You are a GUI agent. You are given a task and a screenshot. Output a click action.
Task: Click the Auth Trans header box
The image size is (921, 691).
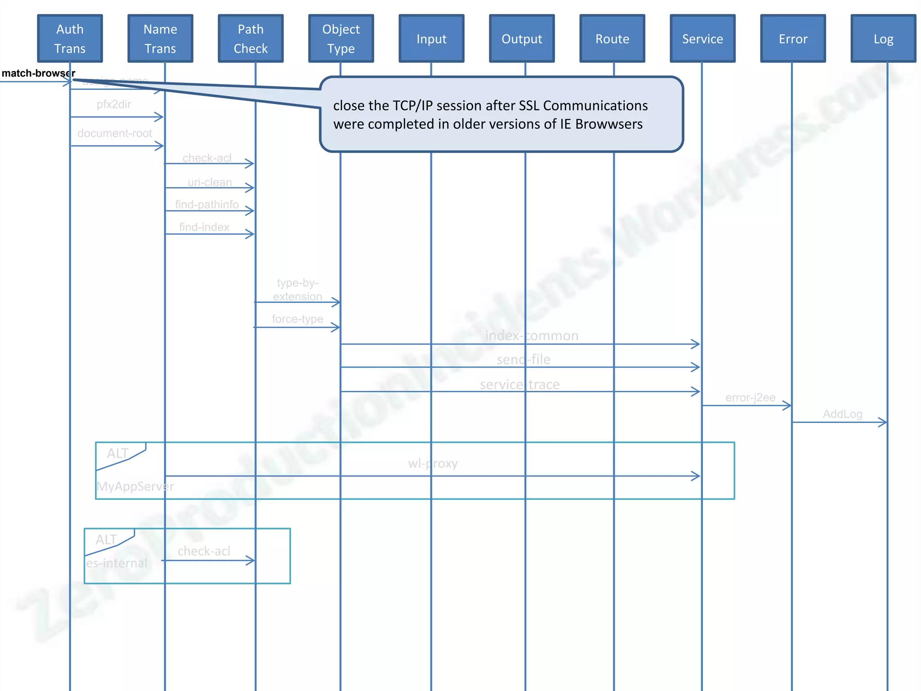pyautogui.click(x=70, y=39)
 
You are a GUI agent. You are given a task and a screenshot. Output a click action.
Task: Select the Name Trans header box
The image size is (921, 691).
pyautogui.click(x=160, y=39)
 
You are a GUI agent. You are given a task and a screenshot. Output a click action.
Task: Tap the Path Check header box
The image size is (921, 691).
pyautogui.click(x=250, y=39)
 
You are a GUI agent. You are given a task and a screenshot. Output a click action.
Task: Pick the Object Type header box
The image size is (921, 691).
pyautogui.click(x=341, y=39)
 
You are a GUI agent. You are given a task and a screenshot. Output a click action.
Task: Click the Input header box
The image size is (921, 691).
pyautogui.click(x=431, y=39)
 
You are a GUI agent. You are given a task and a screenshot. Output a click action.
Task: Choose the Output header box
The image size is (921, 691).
pyautogui.click(x=522, y=39)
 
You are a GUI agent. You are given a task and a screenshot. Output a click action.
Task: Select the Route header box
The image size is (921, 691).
pyautogui.click(x=612, y=39)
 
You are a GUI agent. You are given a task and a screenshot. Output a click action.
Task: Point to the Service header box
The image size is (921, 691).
pyautogui.click(x=702, y=39)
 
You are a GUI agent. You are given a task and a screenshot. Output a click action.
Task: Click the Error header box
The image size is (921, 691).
pyautogui.click(x=793, y=39)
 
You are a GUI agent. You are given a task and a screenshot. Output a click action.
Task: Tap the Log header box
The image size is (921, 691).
pyautogui.click(x=883, y=39)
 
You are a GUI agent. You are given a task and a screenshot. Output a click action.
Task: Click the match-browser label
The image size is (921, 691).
pyautogui.click(x=38, y=73)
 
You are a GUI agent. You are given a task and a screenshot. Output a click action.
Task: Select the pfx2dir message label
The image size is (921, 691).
pyautogui.click(x=114, y=104)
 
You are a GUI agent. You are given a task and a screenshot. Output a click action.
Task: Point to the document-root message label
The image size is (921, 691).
pyautogui.click(x=115, y=133)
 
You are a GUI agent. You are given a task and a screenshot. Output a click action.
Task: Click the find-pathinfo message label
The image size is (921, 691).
pyautogui.click(x=207, y=205)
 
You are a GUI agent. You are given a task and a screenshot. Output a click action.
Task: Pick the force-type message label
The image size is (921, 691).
pyautogui.click(x=297, y=319)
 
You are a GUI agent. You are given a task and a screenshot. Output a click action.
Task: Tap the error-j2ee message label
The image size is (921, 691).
pyautogui.click(x=750, y=398)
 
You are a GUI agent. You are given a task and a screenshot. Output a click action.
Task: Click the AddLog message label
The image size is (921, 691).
pyautogui.click(x=842, y=414)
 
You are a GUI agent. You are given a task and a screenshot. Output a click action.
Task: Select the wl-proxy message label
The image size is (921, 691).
pyautogui.click(x=433, y=463)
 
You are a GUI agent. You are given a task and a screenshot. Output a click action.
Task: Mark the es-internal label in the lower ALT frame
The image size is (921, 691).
pyautogui.click(x=116, y=563)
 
